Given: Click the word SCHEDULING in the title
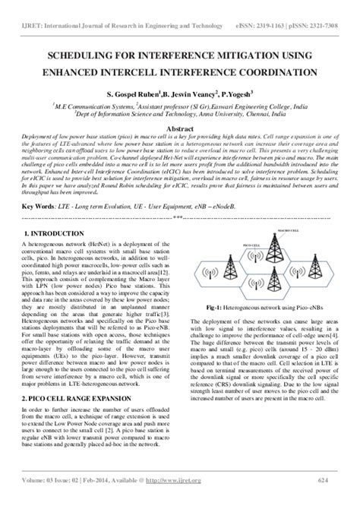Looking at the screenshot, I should [81, 57].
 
